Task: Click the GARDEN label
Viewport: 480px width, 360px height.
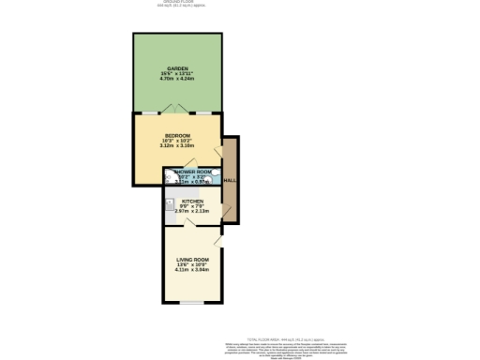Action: (177, 68)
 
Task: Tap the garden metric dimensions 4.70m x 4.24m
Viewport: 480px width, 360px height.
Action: (177, 80)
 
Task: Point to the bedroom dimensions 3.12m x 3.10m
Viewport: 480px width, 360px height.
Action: (176, 146)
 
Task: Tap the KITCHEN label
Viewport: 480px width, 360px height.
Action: (192, 201)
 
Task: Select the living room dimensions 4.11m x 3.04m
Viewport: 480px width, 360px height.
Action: (192, 270)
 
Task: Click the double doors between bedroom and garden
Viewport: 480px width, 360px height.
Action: (177, 109)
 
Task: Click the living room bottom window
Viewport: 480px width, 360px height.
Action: (192, 302)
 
